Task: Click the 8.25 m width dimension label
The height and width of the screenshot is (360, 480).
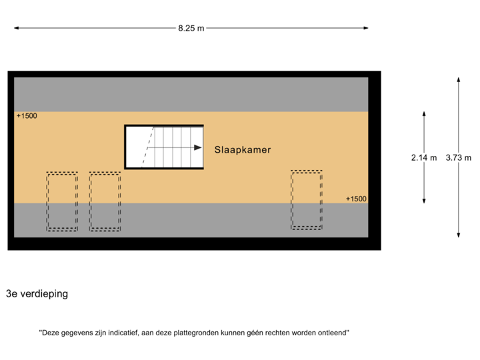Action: tap(191, 28)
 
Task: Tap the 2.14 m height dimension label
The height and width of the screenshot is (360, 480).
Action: tap(424, 158)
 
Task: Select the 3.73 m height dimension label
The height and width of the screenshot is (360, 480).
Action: tap(459, 158)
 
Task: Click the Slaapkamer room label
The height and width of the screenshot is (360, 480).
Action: tap(243, 150)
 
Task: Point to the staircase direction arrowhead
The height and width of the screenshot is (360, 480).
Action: tap(198, 147)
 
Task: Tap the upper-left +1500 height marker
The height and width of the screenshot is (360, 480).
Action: tap(27, 116)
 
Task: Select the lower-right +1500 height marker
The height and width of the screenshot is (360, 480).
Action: tap(356, 199)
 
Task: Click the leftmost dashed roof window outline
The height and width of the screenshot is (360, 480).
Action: tap(62, 201)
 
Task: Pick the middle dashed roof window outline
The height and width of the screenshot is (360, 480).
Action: tap(105, 201)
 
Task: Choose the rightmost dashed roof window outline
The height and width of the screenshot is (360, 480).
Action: tap(306, 200)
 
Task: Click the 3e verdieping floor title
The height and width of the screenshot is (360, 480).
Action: tap(37, 293)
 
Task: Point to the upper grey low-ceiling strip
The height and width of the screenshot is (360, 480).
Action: tap(191, 94)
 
